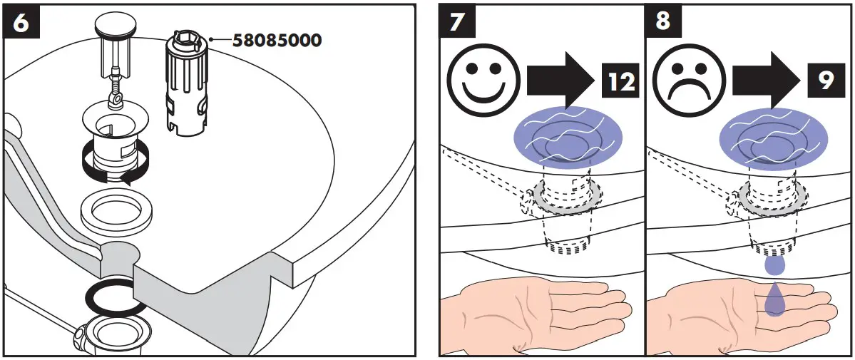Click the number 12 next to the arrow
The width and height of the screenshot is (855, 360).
pos(619,83)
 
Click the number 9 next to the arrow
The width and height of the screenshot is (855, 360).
pos(826,83)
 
